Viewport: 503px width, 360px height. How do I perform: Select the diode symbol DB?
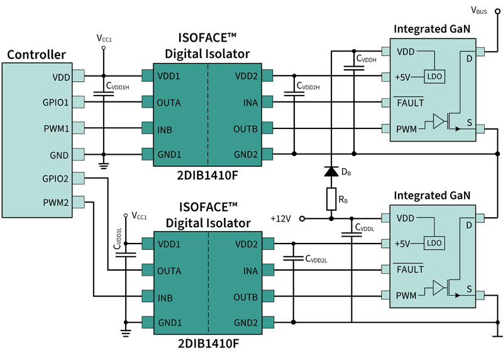point(331,171)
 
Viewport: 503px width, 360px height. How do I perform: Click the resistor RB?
point(331,200)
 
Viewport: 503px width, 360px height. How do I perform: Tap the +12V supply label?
point(280,218)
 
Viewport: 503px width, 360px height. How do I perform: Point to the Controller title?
point(36,55)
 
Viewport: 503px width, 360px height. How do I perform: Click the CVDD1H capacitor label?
point(118,86)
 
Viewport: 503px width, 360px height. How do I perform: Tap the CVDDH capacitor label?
point(367,59)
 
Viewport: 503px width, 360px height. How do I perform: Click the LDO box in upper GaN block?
point(433,77)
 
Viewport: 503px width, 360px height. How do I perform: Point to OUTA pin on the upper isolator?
point(170,102)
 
